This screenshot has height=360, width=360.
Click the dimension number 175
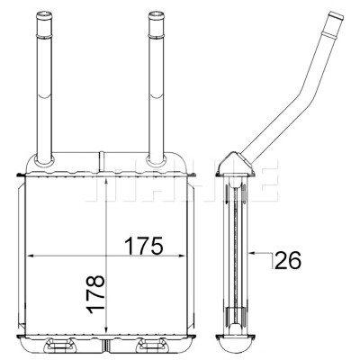[144, 245]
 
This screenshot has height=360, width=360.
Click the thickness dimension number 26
[287, 260]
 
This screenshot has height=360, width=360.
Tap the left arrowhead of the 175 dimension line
[31, 256]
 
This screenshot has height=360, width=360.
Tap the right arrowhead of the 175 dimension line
[181, 256]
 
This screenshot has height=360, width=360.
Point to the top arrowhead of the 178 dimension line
[106, 181]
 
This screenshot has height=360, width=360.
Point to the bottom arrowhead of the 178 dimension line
[106, 329]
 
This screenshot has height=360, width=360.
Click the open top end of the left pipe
[44, 13]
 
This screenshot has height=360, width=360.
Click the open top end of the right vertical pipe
[156, 13]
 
